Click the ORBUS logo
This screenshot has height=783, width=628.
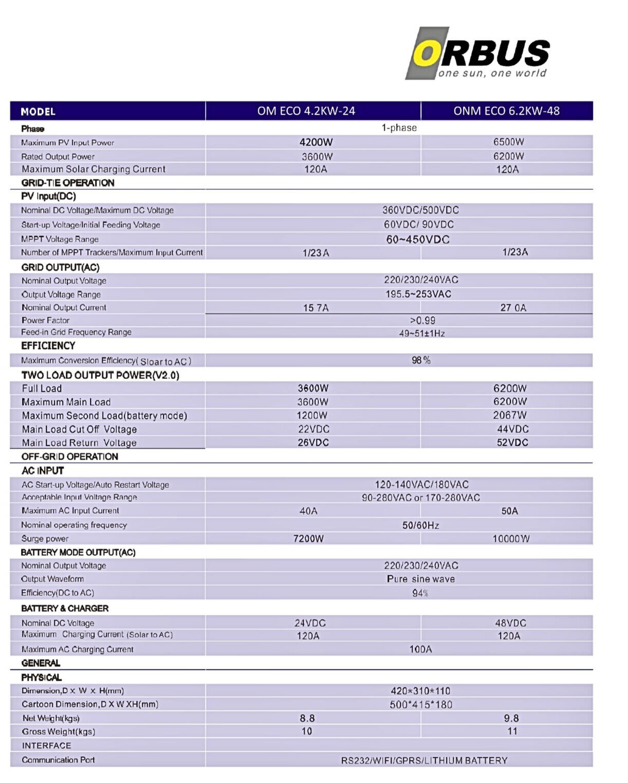click(x=477, y=53)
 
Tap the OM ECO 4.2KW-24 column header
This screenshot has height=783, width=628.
click(x=306, y=111)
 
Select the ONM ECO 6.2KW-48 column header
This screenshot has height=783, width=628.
click(x=506, y=111)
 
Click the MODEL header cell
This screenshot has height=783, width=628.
click(x=38, y=112)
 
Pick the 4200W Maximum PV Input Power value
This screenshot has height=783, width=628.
click(x=316, y=142)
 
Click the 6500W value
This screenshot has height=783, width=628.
click(x=509, y=142)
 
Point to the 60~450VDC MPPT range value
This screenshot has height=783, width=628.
click(x=418, y=240)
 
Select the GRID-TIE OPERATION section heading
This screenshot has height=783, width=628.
click(x=68, y=183)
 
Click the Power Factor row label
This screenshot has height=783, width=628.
click(x=45, y=320)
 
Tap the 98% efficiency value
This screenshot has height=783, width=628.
click(x=421, y=360)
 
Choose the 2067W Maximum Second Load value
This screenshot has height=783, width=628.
click(x=510, y=415)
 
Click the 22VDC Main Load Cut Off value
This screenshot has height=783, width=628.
click(x=313, y=429)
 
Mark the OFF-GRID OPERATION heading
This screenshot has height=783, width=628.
click(x=70, y=457)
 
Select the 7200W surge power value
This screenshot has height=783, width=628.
click(x=308, y=539)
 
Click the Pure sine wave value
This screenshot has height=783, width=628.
click(x=420, y=579)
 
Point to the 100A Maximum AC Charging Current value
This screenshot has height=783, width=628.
click(x=420, y=649)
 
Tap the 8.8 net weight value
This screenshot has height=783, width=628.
click(x=307, y=718)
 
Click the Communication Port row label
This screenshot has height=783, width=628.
click(x=58, y=760)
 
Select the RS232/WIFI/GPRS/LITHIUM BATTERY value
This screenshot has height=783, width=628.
click(x=424, y=760)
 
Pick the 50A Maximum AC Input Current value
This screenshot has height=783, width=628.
click(x=510, y=511)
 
